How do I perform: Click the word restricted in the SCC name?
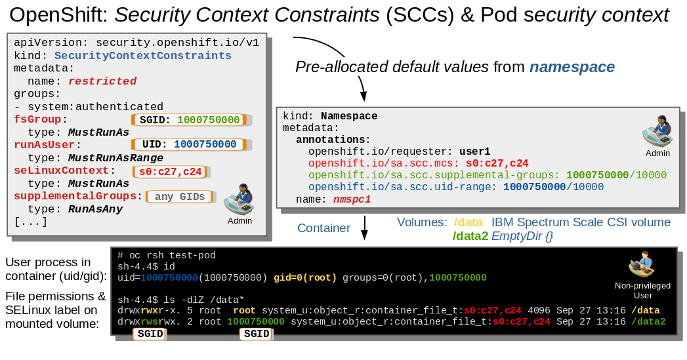(x=102, y=81)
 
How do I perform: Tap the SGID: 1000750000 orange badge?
(x=189, y=119)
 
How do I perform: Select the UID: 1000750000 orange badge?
(x=189, y=144)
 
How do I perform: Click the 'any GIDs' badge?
(x=180, y=197)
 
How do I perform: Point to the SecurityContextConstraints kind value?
(x=143, y=56)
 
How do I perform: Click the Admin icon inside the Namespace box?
(x=657, y=131)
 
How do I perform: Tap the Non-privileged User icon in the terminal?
(x=642, y=264)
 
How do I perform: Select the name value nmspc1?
(x=352, y=199)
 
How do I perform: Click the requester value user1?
(x=474, y=151)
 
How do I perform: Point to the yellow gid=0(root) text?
(x=305, y=277)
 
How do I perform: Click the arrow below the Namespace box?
(x=364, y=227)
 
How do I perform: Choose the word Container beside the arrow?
(x=323, y=228)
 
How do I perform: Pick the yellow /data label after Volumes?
(x=468, y=222)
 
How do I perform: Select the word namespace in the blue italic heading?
(x=572, y=67)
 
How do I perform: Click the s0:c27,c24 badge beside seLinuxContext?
(x=171, y=172)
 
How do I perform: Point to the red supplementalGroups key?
(x=75, y=196)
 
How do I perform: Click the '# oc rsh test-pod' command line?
(x=167, y=255)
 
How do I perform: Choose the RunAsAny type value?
(x=96, y=209)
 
